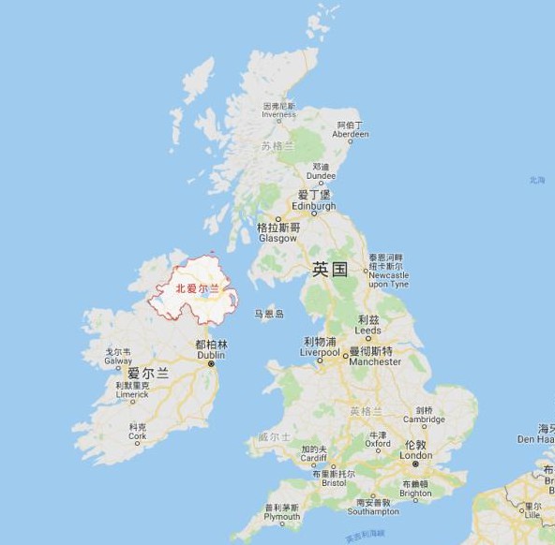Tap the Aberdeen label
point(351,129)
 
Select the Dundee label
point(321,170)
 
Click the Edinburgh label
point(313,201)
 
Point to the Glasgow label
point(277,233)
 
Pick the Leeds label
point(368,325)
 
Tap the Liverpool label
point(320,347)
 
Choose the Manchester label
point(374,357)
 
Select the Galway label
point(118,357)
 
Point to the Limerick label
point(132,390)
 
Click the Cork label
point(137,432)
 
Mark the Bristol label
point(333,479)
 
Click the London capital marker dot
point(414,464)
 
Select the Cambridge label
point(425,416)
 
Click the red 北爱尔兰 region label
point(197,289)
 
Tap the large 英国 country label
point(330,270)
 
